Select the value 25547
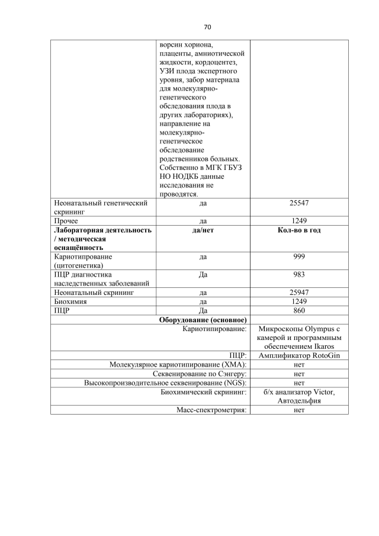[x=299, y=203]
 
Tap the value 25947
[x=299, y=293]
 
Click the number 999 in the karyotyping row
[x=299, y=257]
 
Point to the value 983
[x=299, y=275]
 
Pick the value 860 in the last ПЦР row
[x=299, y=310]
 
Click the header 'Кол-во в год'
[x=299, y=230]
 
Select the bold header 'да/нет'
[x=203, y=230]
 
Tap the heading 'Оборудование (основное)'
[x=203, y=319]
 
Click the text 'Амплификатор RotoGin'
[x=299, y=355]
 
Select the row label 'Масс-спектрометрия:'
[x=211, y=409]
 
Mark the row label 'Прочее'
[x=66, y=221]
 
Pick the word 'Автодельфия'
[x=299, y=400]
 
